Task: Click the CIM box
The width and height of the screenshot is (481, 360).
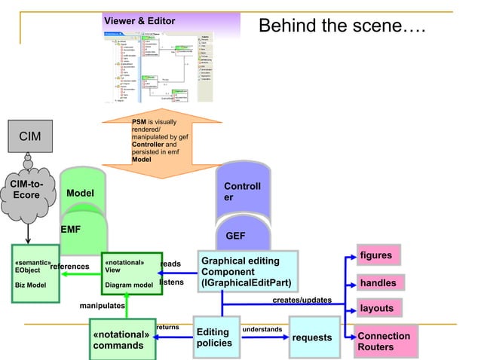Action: [x=26, y=136]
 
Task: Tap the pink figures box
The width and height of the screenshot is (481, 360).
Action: [x=378, y=255]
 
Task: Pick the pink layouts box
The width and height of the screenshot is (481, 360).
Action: [x=376, y=309]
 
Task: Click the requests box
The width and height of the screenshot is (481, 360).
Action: [x=311, y=339]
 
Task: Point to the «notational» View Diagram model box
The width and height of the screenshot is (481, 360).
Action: [x=132, y=274]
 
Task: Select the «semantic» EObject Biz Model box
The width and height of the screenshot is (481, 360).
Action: [x=35, y=274]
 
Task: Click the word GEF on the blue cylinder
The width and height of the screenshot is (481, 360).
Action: [x=235, y=236]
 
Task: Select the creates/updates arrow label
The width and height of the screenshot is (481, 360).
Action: [x=302, y=300]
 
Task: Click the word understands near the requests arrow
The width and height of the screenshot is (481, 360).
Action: [x=262, y=329]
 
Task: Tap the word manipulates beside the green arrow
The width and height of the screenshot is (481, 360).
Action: [x=102, y=306]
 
